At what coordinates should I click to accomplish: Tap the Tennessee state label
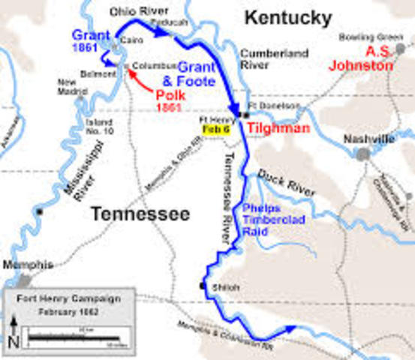click(x=140, y=214)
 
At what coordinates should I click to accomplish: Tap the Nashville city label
click(x=368, y=139)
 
